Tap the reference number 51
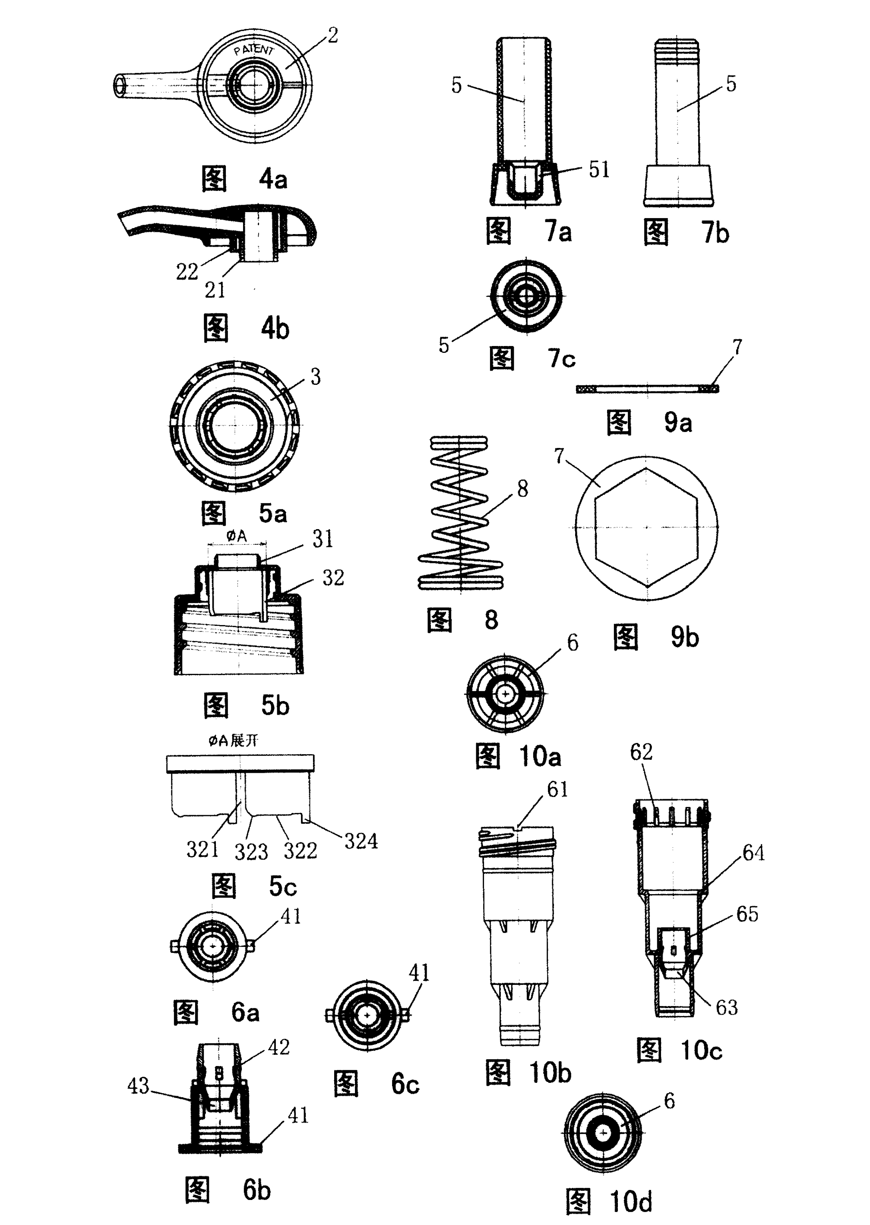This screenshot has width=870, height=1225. click(x=599, y=169)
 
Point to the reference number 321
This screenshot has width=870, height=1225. click(x=202, y=849)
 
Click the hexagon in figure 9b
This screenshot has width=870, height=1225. click(x=646, y=527)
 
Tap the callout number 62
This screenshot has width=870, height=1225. click(x=641, y=752)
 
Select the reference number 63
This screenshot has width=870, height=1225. click(x=726, y=1007)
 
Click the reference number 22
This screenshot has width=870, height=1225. click(x=187, y=272)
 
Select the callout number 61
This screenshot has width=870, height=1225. click(x=557, y=789)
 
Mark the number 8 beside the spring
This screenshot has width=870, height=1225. click(x=522, y=488)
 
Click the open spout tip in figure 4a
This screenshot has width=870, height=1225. click(x=120, y=86)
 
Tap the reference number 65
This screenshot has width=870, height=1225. click(x=747, y=914)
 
